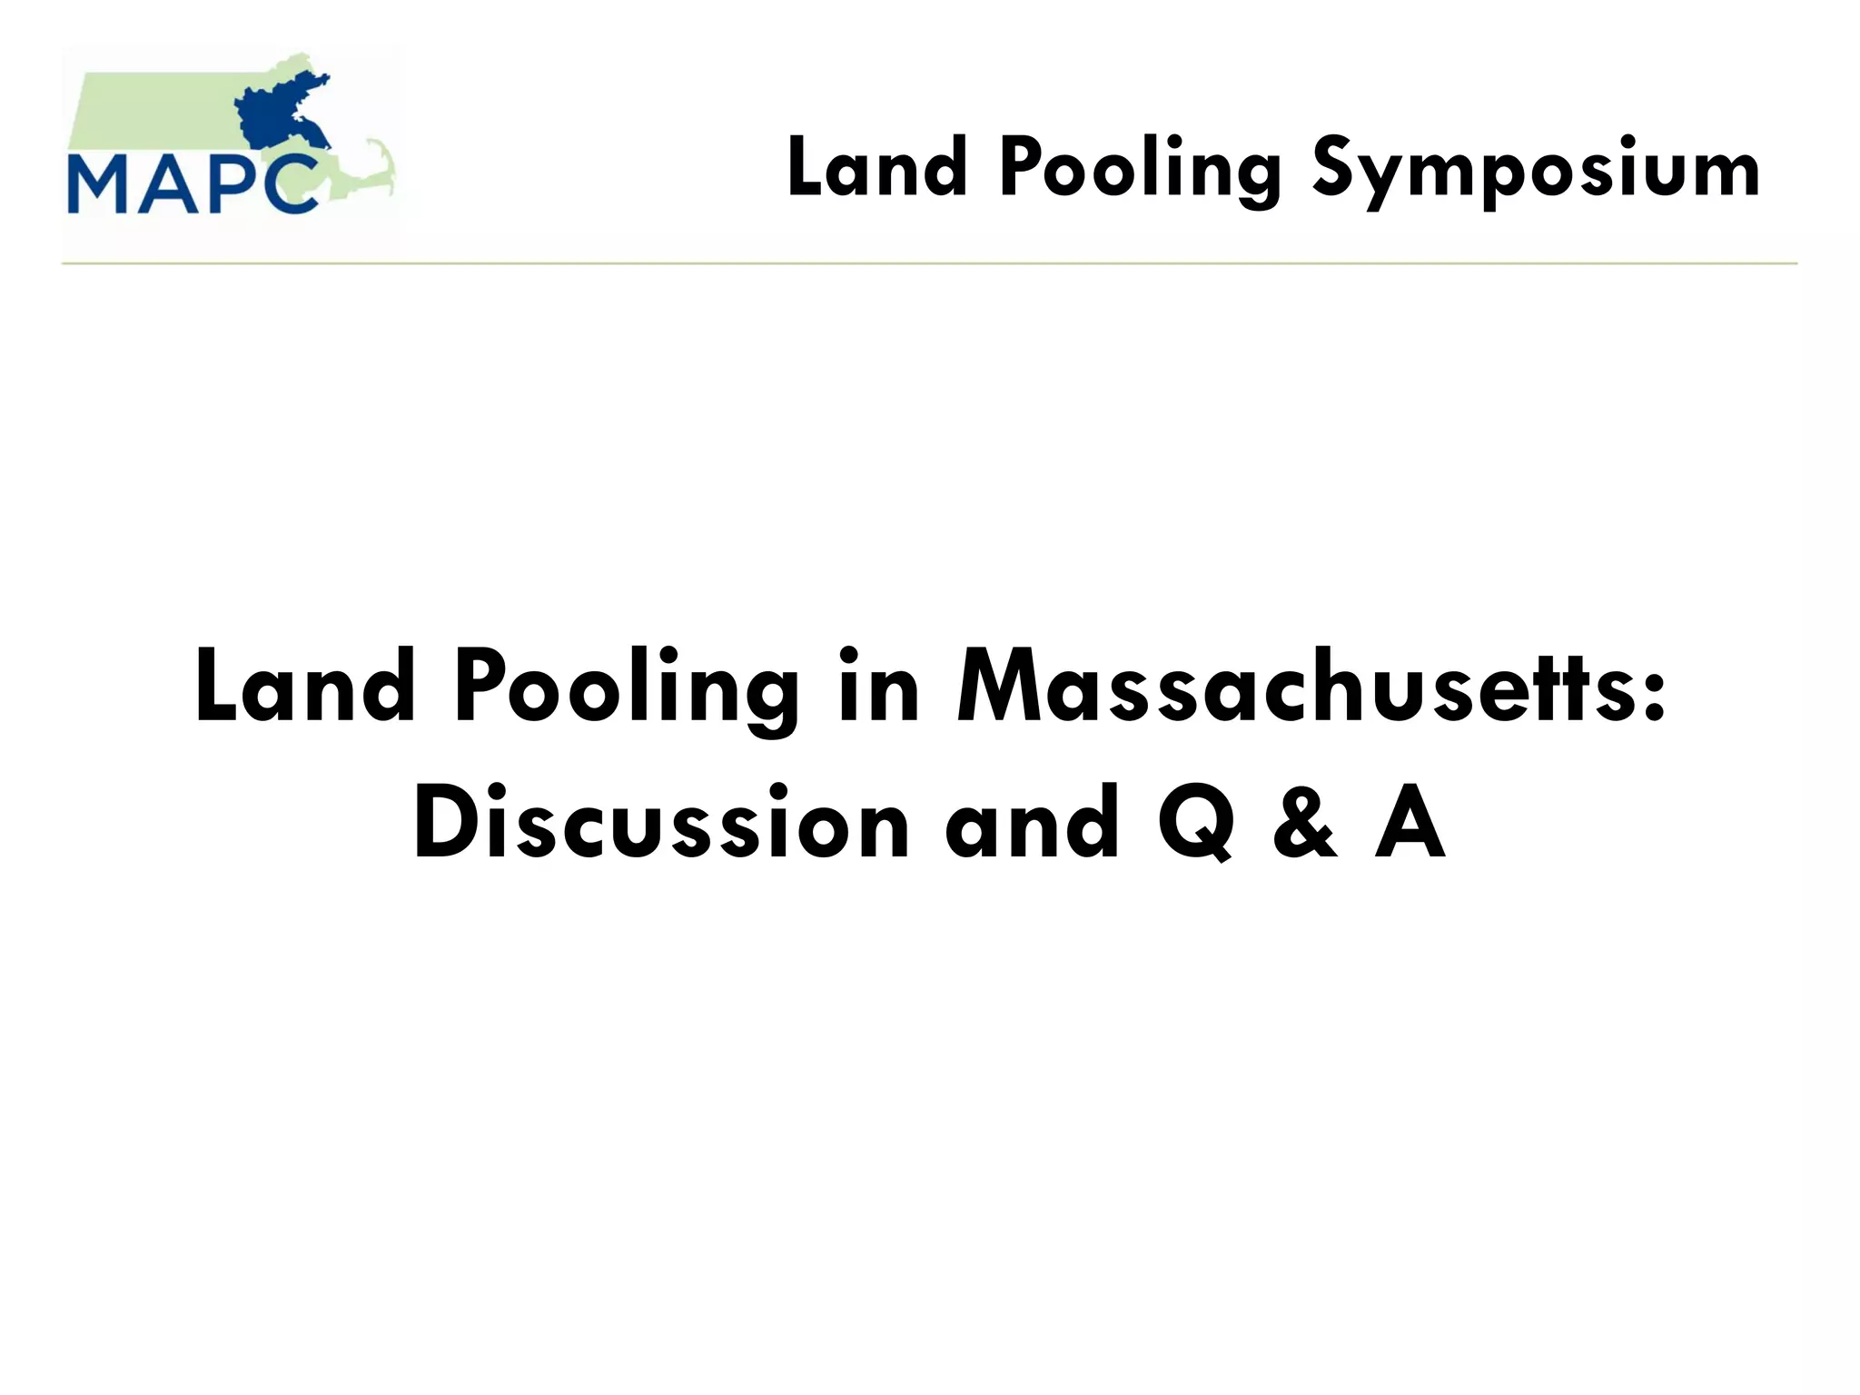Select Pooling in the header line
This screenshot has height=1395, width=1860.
pyautogui.click(x=1141, y=171)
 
